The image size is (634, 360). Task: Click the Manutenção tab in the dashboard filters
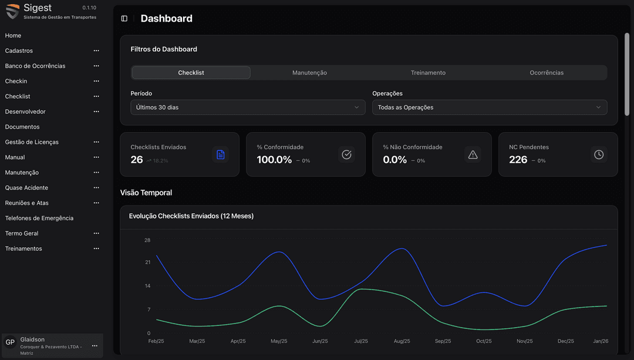click(x=309, y=73)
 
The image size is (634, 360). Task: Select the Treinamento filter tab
click(x=428, y=73)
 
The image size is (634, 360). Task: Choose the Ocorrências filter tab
click(x=546, y=73)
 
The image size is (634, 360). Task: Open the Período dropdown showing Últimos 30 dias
click(x=247, y=107)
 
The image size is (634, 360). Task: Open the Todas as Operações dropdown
click(x=489, y=107)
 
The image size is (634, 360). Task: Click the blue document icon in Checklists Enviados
click(x=220, y=154)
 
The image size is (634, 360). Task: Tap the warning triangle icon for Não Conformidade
click(x=473, y=154)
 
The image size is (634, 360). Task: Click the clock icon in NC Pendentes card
click(x=598, y=154)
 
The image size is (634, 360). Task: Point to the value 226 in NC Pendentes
click(x=518, y=160)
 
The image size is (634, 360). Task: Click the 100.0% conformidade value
click(x=274, y=160)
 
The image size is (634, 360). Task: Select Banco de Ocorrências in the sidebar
click(x=35, y=66)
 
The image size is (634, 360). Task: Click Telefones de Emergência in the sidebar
click(x=39, y=218)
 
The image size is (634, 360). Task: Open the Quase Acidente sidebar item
click(x=26, y=187)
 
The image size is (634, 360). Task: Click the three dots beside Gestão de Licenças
click(x=96, y=142)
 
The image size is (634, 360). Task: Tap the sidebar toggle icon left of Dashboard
click(x=124, y=19)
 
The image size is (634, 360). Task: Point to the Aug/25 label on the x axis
click(x=402, y=341)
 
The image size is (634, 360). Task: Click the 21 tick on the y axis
click(x=147, y=263)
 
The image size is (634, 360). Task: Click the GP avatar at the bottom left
click(x=10, y=342)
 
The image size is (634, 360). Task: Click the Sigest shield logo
click(x=12, y=11)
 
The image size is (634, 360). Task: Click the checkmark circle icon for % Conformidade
click(x=346, y=154)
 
